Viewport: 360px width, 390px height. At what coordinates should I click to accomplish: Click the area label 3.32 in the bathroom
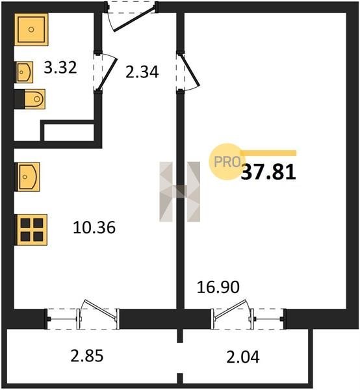click(60, 68)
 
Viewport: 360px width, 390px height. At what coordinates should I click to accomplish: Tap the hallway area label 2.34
click(142, 72)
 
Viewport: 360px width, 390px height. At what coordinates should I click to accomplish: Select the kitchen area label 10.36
click(94, 227)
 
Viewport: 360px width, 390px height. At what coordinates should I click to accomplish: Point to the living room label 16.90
click(218, 287)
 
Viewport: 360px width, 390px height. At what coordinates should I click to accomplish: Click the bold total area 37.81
click(268, 172)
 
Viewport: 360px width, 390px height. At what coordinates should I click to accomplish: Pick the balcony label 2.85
click(87, 356)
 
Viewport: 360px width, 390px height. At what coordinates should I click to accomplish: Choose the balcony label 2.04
click(243, 357)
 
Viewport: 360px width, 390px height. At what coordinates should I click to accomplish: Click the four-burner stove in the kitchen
click(31, 230)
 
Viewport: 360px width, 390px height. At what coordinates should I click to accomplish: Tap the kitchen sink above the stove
click(27, 177)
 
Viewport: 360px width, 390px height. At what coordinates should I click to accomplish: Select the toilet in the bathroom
click(30, 99)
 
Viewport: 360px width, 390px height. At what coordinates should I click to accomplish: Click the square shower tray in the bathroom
click(31, 30)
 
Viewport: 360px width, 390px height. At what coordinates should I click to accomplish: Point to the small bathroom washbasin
click(23, 72)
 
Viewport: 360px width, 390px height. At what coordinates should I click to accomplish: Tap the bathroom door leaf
click(107, 74)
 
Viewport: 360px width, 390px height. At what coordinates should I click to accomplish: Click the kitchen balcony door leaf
click(100, 309)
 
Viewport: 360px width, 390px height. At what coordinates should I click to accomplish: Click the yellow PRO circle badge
click(227, 162)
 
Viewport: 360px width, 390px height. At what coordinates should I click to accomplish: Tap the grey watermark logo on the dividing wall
click(180, 192)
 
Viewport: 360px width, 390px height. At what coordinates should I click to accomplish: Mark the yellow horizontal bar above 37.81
click(268, 153)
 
